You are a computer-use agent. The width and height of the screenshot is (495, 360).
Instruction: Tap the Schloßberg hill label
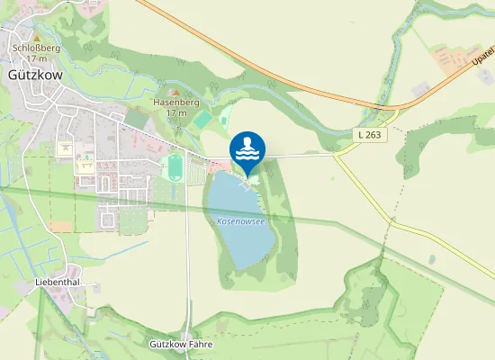pos(36,49)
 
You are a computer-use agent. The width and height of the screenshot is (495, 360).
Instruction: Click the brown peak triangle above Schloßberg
pos(37,38)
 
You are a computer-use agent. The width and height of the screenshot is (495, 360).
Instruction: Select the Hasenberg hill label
pos(175,103)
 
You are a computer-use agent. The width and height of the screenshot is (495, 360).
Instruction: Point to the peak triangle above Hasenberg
pos(176,92)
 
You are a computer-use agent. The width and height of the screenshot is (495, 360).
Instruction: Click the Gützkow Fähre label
pos(180,344)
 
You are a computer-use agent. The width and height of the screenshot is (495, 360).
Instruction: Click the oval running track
pos(175,167)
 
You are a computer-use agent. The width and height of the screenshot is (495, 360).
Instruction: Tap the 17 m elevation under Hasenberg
pos(176,113)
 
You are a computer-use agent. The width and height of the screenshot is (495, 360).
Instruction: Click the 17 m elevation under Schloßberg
pos(36,59)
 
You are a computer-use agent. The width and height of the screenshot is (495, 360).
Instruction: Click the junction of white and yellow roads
pos(336,154)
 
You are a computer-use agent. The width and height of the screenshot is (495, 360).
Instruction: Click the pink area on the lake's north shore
pos(218,166)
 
